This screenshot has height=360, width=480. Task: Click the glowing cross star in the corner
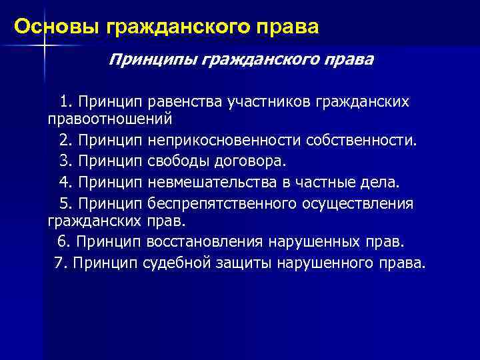point(43,45)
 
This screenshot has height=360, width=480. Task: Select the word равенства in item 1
point(185,102)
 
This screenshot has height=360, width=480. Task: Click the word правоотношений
point(109,119)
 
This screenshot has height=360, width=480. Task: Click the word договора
point(246,161)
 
